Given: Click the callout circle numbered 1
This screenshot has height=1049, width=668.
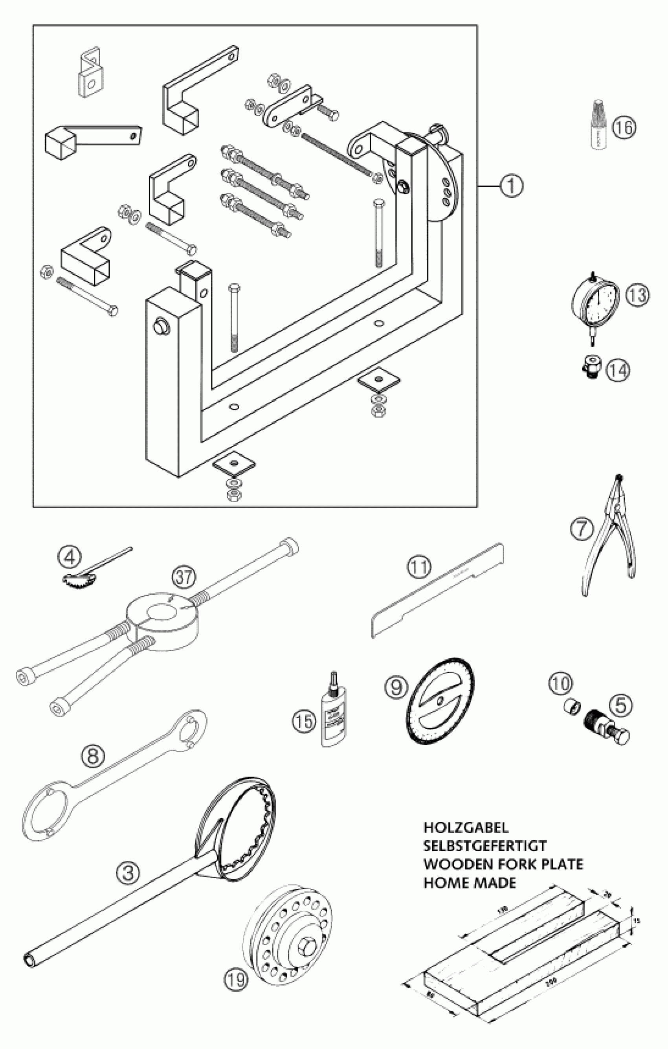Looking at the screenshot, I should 511,186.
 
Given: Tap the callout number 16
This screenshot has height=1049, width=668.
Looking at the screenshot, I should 624,128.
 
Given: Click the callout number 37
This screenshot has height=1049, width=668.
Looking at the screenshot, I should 184,577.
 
